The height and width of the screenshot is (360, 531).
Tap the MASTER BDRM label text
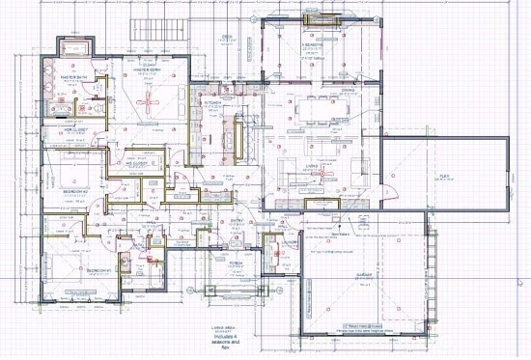[x=146, y=69]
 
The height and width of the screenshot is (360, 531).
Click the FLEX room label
[x=445, y=175]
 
